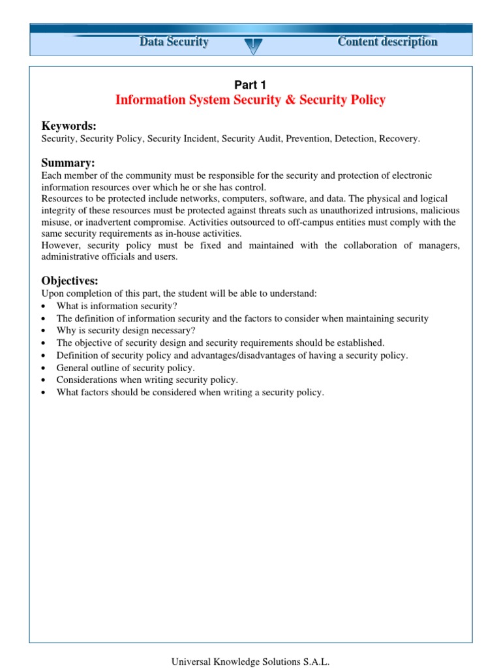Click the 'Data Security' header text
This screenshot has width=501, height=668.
click(x=174, y=42)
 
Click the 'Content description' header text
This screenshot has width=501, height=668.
click(x=387, y=42)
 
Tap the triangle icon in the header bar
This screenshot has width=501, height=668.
click(x=250, y=45)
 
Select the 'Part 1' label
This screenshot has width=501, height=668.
click(x=250, y=84)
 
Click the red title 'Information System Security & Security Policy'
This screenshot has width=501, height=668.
click(x=250, y=100)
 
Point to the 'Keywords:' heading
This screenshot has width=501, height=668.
click(x=69, y=126)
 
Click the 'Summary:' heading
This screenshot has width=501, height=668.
click(x=68, y=162)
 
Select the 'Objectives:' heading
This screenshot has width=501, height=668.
click(x=70, y=281)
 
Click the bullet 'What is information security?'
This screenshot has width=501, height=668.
click(x=117, y=306)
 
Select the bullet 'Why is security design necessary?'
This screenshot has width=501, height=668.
click(x=126, y=331)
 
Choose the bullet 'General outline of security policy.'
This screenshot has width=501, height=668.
click(x=126, y=368)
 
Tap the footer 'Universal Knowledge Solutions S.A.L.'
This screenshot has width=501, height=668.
click(x=250, y=661)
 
